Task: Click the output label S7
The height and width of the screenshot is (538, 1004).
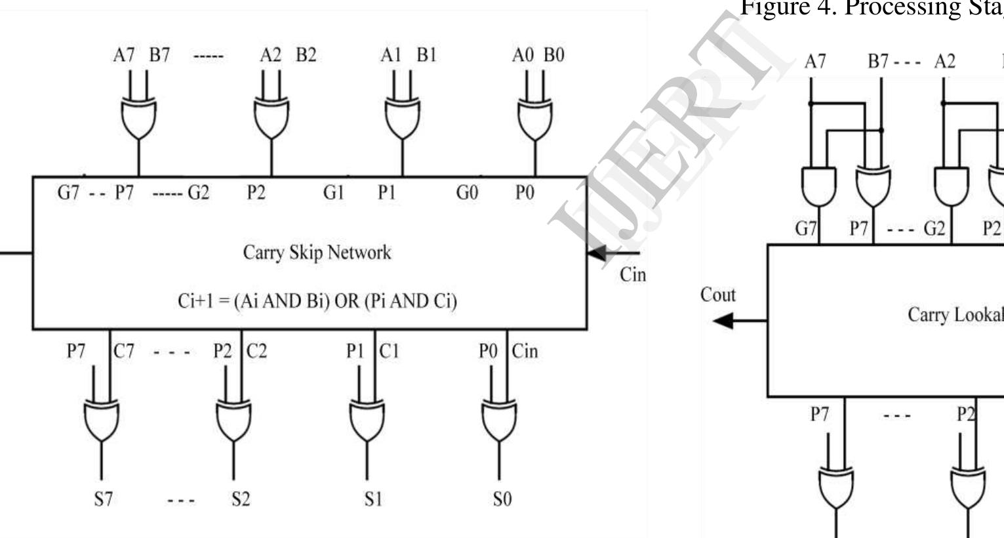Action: click(102, 499)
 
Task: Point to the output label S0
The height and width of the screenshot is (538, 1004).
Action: click(502, 499)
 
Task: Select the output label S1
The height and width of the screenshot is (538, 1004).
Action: click(372, 499)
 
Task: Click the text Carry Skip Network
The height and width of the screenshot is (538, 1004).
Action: click(317, 253)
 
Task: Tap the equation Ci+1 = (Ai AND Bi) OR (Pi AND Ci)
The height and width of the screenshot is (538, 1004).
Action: click(317, 300)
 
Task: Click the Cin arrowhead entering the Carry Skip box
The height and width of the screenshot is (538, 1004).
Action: click(596, 253)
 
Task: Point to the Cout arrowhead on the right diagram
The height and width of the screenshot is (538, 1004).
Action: click(723, 321)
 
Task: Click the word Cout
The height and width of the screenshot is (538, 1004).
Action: click(718, 295)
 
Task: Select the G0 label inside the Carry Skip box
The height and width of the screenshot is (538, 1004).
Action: click(467, 193)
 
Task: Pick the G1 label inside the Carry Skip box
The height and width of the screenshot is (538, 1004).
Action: click(333, 193)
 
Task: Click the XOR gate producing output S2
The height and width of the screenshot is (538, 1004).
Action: click(233, 420)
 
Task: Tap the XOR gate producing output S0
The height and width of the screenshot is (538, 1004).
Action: click(499, 420)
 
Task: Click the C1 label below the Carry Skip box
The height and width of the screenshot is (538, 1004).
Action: click(389, 352)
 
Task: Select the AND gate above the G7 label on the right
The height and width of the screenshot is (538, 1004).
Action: click(819, 186)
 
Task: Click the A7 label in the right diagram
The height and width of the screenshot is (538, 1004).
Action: click(815, 62)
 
